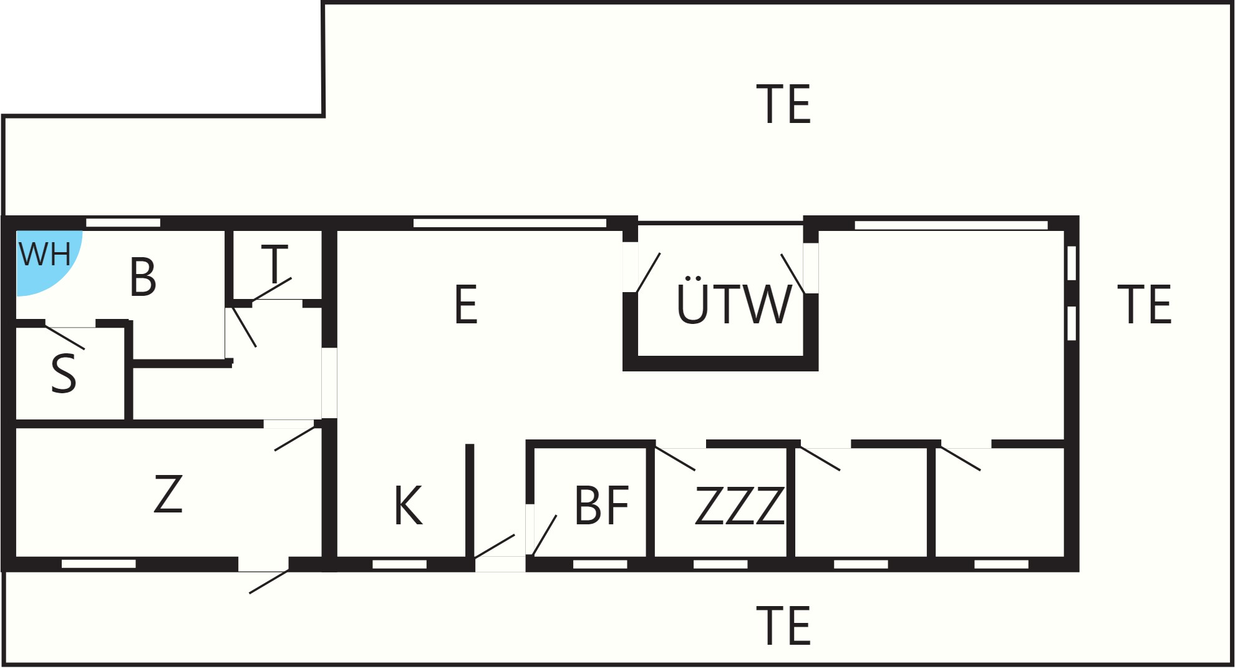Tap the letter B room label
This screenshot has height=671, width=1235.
(x=143, y=277)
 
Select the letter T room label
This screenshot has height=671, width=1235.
(x=274, y=264)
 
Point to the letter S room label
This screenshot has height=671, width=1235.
(x=64, y=373)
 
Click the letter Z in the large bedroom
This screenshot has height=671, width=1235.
(x=168, y=494)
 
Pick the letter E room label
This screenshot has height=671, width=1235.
(x=466, y=305)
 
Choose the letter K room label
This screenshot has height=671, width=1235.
(x=409, y=506)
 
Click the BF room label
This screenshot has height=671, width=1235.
(x=601, y=506)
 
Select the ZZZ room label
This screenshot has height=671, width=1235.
(x=739, y=506)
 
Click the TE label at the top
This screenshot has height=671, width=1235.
(x=783, y=104)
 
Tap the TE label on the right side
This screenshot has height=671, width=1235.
(x=1145, y=305)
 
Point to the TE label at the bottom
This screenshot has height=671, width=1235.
(x=783, y=626)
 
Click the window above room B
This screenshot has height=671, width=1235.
(x=123, y=223)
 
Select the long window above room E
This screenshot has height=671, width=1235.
(x=510, y=223)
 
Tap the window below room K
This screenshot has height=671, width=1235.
(x=399, y=564)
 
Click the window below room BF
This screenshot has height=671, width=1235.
(x=600, y=564)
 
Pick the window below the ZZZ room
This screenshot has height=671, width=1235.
(x=720, y=564)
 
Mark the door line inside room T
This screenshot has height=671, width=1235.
(x=272, y=290)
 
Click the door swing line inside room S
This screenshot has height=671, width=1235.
(x=65, y=337)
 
